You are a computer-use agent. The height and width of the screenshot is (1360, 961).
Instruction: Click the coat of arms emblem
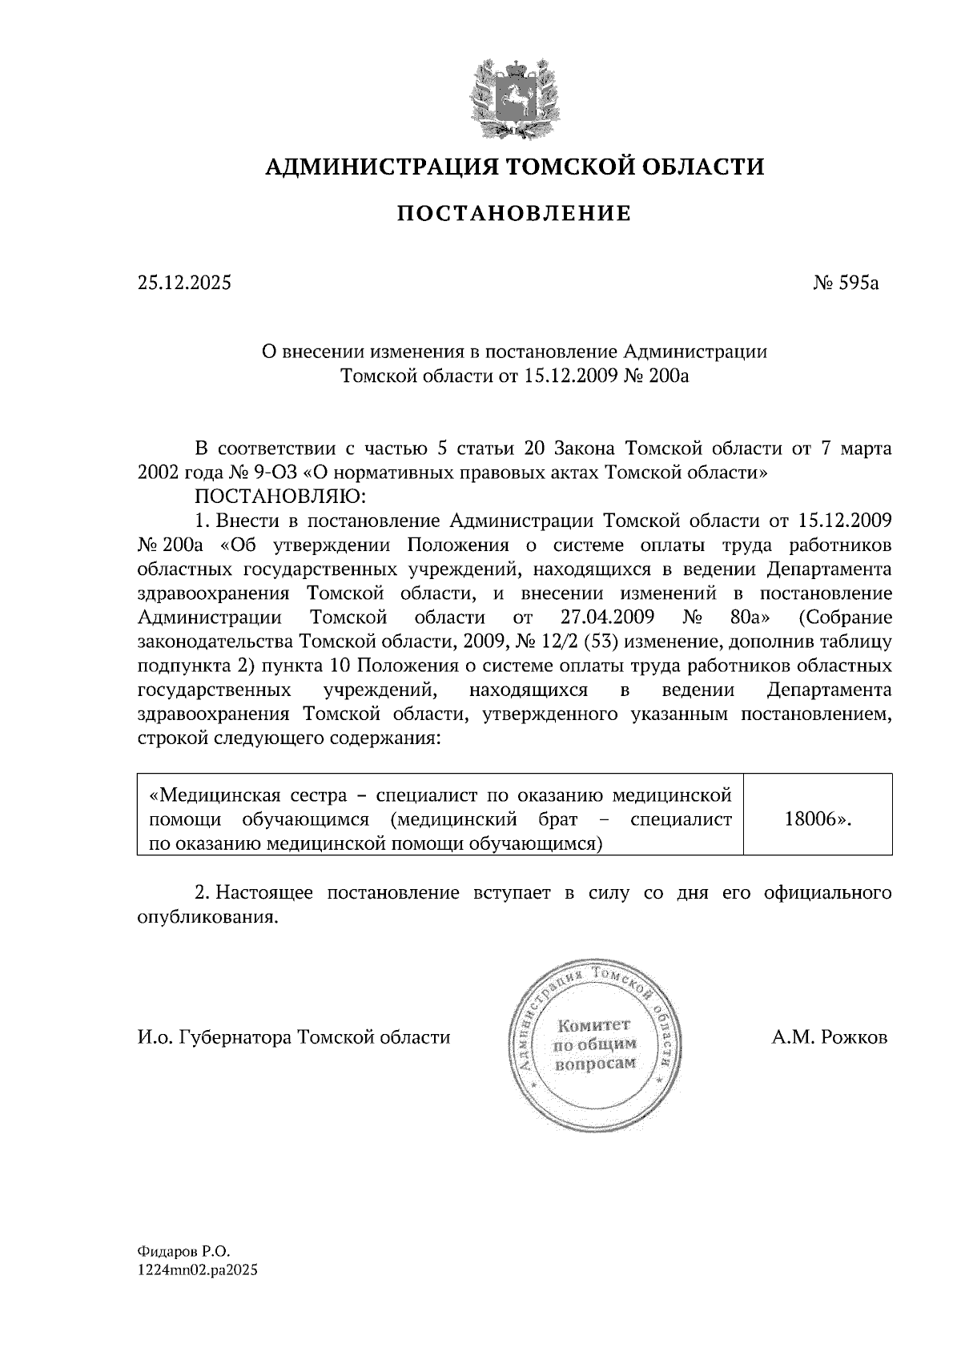(513, 98)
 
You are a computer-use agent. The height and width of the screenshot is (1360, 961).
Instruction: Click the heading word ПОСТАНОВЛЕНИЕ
(514, 214)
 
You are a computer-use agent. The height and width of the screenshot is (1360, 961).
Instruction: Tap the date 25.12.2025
(184, 283)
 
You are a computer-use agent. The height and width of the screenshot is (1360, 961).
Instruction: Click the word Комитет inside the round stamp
(594, 1026)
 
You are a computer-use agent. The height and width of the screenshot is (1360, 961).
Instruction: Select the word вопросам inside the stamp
(594, 1063)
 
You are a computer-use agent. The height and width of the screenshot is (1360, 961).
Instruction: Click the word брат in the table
(561, 819)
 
